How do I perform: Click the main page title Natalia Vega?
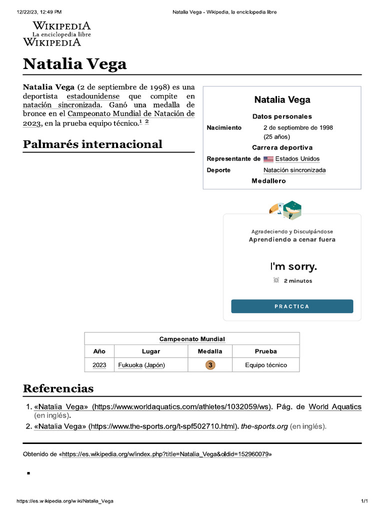pos(74,64)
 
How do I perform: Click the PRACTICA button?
pos(292,306)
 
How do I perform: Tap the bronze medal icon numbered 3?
pos(210,365)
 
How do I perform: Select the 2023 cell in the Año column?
pos(99,365)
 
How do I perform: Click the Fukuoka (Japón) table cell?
pos(141,365)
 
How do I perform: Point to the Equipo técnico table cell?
pos(266,365)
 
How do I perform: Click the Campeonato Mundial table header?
pos(192,339)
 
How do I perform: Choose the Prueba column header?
pos(266,351)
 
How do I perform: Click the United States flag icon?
pos(268,159)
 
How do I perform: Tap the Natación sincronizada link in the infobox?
pos(294,170)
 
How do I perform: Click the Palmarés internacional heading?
pos(92,144)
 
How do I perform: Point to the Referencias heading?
pos(58,388)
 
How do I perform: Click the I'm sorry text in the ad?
pos(293,266)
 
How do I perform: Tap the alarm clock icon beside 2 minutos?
pos(276,280)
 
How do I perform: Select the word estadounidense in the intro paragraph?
pos(93,96)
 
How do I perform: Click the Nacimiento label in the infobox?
pos(224,127)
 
